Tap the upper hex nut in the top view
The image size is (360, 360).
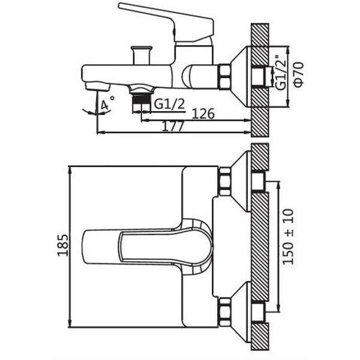click(x=226, y=182)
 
